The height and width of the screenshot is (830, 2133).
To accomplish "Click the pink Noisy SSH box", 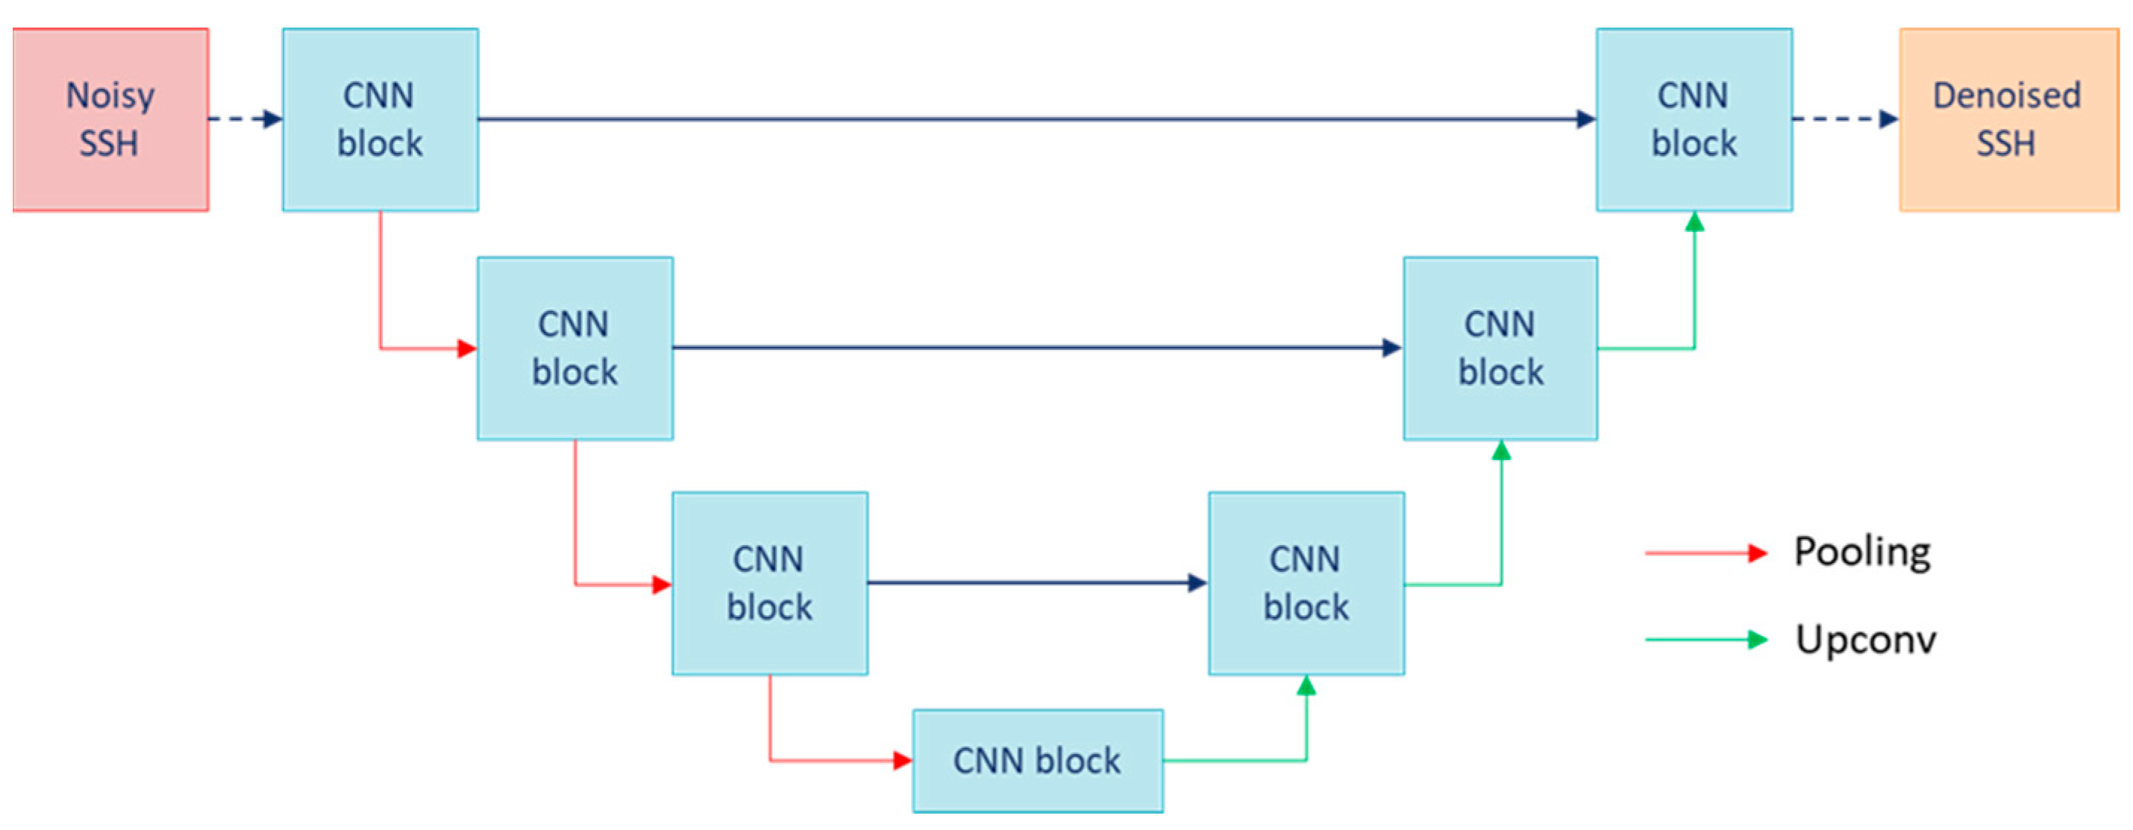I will pos(110,120).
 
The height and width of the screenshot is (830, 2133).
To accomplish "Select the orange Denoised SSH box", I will pos(2008,120).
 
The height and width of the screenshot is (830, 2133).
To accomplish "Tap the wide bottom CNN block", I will pos(1037,761).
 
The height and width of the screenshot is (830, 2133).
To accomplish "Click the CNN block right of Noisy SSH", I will pos(380,120).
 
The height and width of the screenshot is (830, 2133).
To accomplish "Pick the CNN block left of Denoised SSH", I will pos(1694,120).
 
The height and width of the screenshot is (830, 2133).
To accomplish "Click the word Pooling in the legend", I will pos(1862,552).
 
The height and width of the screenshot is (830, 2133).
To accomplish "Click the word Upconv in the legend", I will pos(1866,640).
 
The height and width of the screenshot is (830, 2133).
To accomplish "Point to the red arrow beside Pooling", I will pos(1706,553).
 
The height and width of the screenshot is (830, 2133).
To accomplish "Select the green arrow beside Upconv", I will pos(1706,640).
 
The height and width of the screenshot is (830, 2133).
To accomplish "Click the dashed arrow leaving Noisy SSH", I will pos(244,119).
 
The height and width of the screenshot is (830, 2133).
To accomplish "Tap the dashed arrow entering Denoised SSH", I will pos(1844,119).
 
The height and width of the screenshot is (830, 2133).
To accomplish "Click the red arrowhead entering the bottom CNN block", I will pos(903,761).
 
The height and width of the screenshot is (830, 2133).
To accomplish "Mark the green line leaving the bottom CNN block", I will pos(1234,761).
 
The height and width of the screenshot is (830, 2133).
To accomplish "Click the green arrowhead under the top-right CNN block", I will pos(1694,221).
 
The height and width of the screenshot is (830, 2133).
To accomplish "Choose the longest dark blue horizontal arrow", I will pos(1035,119).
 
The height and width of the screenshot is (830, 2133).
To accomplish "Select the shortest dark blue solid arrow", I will pos(1035,583).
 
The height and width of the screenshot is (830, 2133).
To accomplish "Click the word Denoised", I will pos(2006,96).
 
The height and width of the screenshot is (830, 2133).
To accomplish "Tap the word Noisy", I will pos(110,96).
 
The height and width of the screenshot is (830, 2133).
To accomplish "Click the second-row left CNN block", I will pos(574,348).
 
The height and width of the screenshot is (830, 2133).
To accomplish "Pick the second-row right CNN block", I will pos(1500,348).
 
